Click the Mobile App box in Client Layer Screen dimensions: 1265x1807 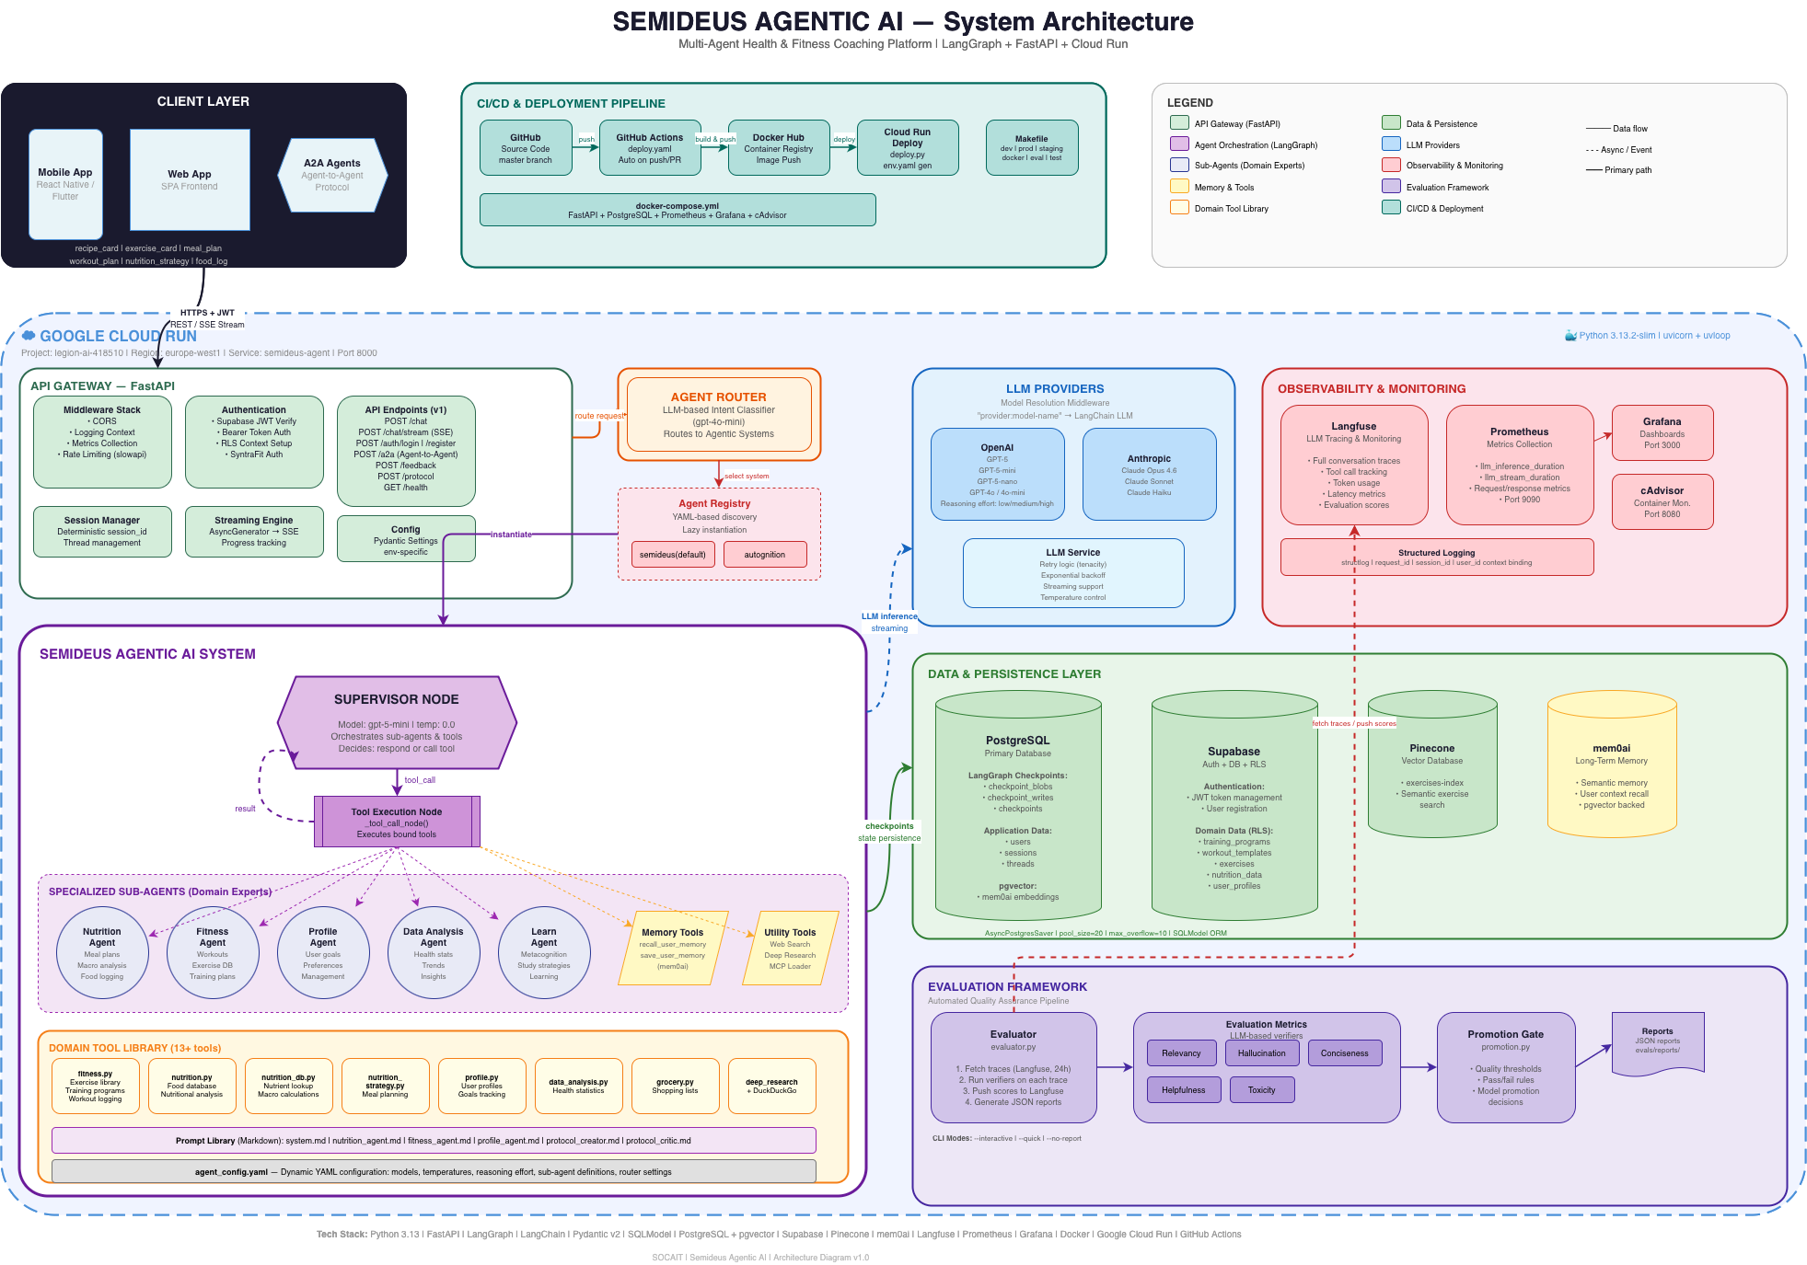pos(65,183)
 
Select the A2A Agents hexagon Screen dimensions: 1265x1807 pos(332,175)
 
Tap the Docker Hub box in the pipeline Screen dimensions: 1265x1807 pos(779,148)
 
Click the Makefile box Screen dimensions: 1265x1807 pos(1031,148)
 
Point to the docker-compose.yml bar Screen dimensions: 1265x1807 pos(677,210)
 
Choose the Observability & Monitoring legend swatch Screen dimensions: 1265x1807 pos(1391,166)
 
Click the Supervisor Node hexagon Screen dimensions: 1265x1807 pos(397,723)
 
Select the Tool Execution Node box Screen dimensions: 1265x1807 pos(397,822)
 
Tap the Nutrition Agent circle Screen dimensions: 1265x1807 pos(102,952)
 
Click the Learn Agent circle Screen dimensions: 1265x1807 pos(544,952)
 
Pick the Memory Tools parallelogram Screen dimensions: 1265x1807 pos(673,949)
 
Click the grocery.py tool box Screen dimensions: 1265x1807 pos(675,1086)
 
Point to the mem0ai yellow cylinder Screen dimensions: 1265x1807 pos(1611,768)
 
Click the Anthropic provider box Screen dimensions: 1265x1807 pos(1149,474)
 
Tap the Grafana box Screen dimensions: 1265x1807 pos(1662,432)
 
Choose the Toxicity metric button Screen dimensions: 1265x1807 pos(1261,1090)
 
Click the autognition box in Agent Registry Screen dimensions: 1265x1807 pos(764,555)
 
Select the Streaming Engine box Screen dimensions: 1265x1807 pos(254,532)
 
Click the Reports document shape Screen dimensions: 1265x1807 pos(1657,1042)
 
